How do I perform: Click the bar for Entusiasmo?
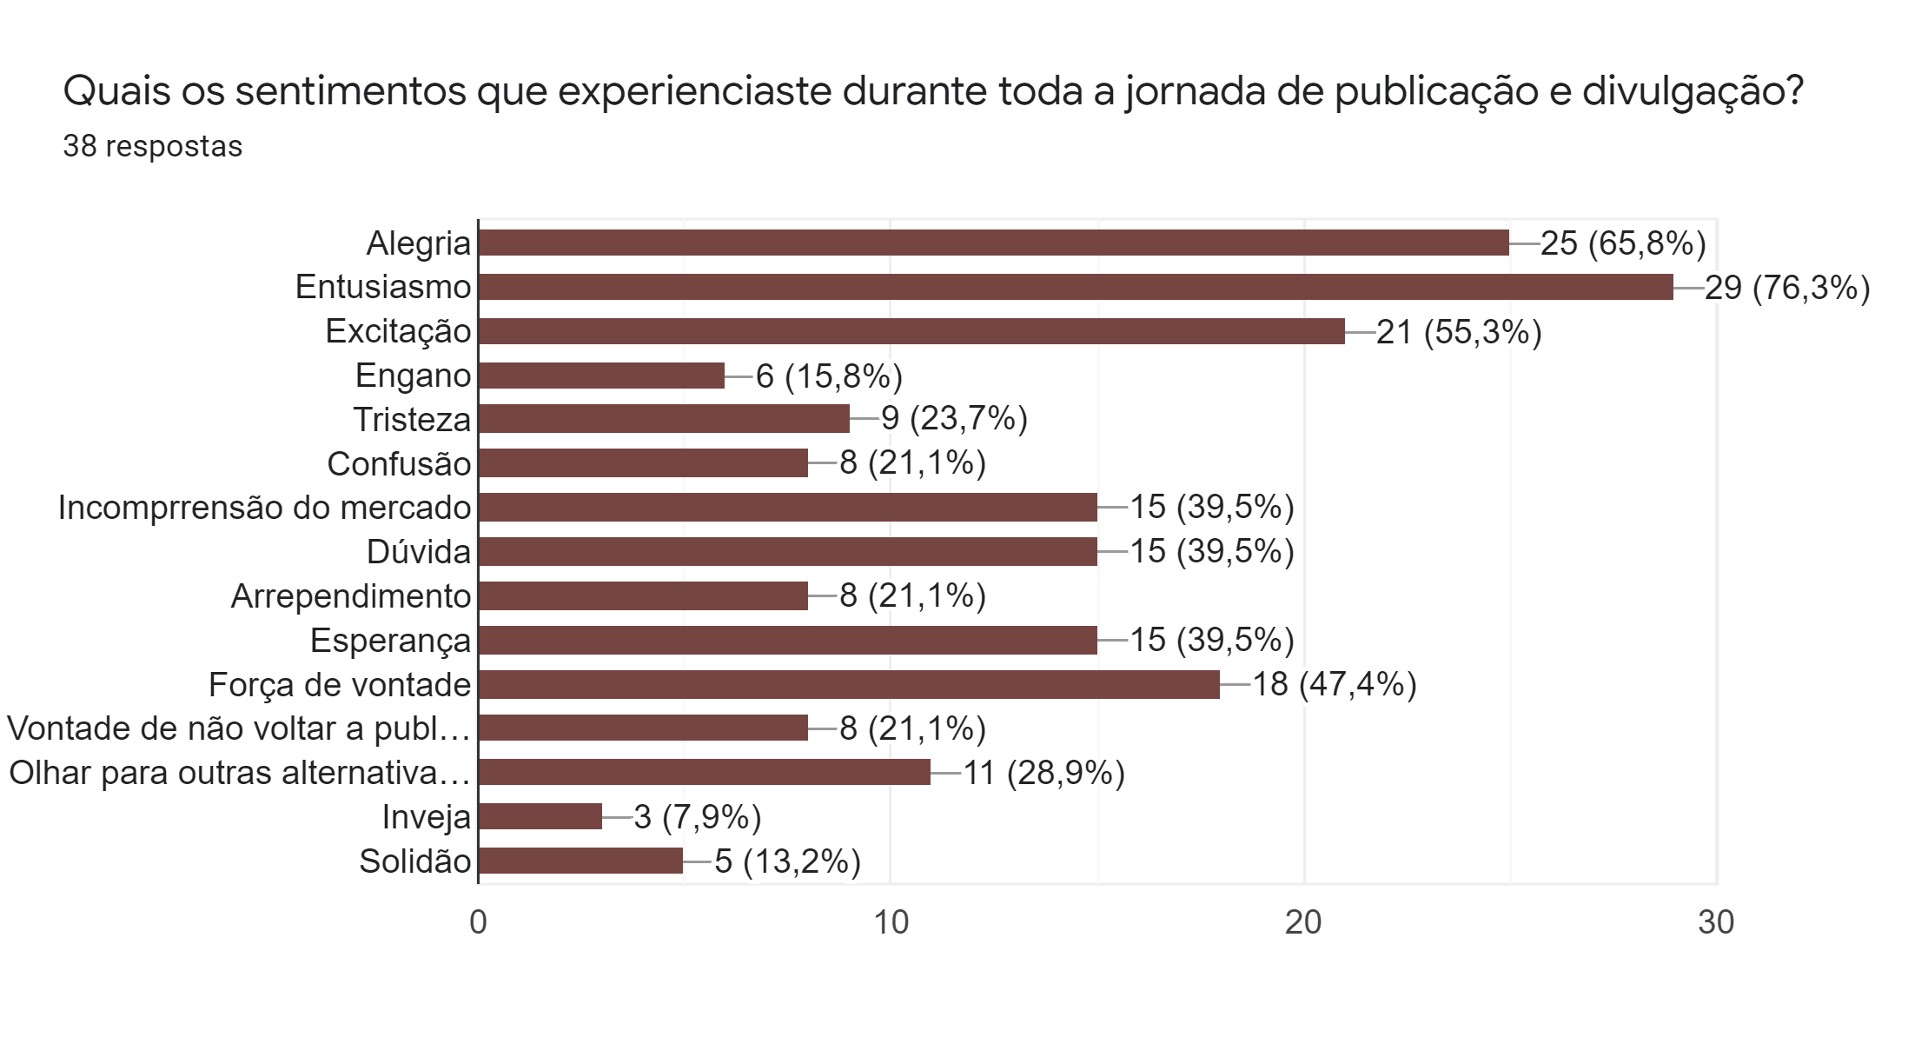tap(1076, 287)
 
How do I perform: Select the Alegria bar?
tap(993, 243)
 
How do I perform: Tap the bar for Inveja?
tap(540, 816)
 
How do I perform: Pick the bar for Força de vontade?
tap(849, 684)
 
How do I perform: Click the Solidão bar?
tap(580, 861)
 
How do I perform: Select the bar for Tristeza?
tap(664, 419)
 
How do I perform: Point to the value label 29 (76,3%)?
tap(1787, 287)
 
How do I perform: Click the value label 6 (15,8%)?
tap(829, 376)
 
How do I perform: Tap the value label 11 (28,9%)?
tap(1043, 772)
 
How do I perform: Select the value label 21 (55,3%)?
tap(1459, 331)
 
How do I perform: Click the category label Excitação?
tap(398, 331)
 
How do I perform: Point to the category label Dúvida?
tap(419, 552)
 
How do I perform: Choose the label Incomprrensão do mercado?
tap(264, 508)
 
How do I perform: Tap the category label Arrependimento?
tap(351, 596)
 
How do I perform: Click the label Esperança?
tap(390, 641)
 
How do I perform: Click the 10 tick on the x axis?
tap(891, 922)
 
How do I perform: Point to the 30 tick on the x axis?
tap(1716, 922)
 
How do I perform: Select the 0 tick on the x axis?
tap(478, 922)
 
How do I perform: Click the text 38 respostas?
tap(153, 146)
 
